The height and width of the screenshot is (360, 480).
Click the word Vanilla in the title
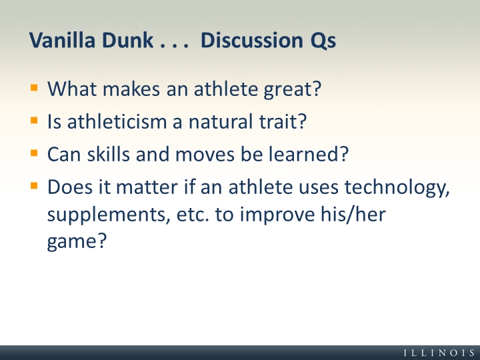(x=62, y=40)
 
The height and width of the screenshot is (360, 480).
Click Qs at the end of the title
(x=323, y=41)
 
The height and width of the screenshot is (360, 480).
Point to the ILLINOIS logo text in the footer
(x=439, y=353)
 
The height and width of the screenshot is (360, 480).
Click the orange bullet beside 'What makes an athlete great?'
(x=34, y=88)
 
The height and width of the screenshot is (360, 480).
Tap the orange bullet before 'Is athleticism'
(x=34, y=120)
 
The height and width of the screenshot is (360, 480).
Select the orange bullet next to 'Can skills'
(x=34, y=153)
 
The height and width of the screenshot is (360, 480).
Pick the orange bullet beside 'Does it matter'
(x=34, y=185)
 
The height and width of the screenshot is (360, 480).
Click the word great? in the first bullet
(x=293, y=89)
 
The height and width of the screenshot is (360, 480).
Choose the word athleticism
(x=116, y=121)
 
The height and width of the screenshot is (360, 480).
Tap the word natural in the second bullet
(x=221, y=121)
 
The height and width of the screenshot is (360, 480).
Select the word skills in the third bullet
(x=109, y=154)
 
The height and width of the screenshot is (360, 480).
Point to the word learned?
(x=309, y=154)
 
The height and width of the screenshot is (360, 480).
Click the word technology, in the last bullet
(x=397, y=188)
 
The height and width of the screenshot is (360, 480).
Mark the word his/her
(x=353, y=214)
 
